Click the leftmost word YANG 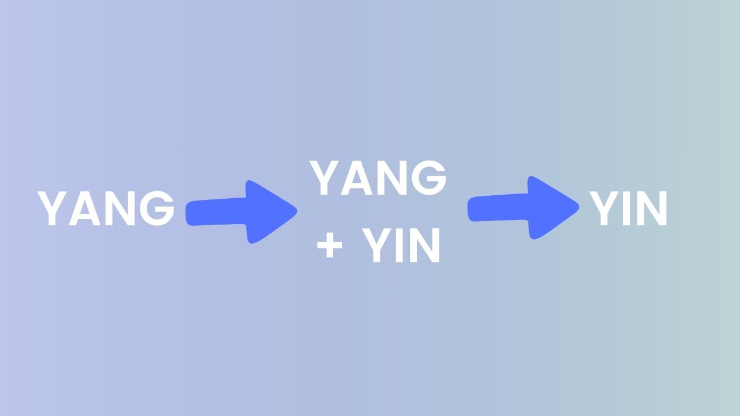click(x=106, y=209)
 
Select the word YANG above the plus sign click(x=378, y=177)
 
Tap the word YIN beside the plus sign click(x=401, y=246)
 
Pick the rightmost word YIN click(x=628, y=209)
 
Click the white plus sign click(x=330, y=246)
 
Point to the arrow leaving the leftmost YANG click(x=242, y=212)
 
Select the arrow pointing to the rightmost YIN click(x=523, y=207)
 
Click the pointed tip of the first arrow click(x=297, y=211)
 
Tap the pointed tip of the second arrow click(x=579, y=207)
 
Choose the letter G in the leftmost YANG click(x=157, y=209)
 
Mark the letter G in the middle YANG click(x=429, y=177)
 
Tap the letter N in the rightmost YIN click(x=652, y=209)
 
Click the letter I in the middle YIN click(x=399, y=246)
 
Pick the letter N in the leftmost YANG click(x=120, y=209)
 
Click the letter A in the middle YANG click(x=356, y=178)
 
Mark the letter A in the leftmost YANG click(x=84, y=209)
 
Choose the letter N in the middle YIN click(x=425, y=246)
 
